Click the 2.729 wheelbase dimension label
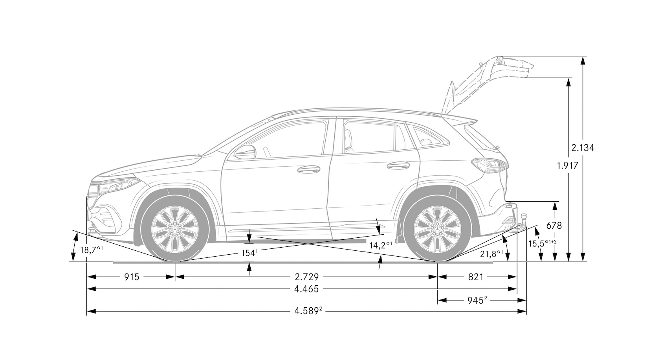coord(307,277)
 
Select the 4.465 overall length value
coord(306,289)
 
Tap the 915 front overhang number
coord(131,277)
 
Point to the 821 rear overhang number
coord(476,277)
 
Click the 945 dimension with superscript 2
coord(477,300)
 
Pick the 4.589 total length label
coord(308,311)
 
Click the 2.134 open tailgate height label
coord(583,148)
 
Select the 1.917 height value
coord(567,166)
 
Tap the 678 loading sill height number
coord(554,226)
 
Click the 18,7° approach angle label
coord(92,250)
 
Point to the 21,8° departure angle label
coord(491,254)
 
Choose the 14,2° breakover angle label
coord(381,245)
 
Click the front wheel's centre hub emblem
coord(175,230)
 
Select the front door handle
coord(308,169)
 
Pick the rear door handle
coord(398,166)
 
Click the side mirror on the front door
coord(245,152)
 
